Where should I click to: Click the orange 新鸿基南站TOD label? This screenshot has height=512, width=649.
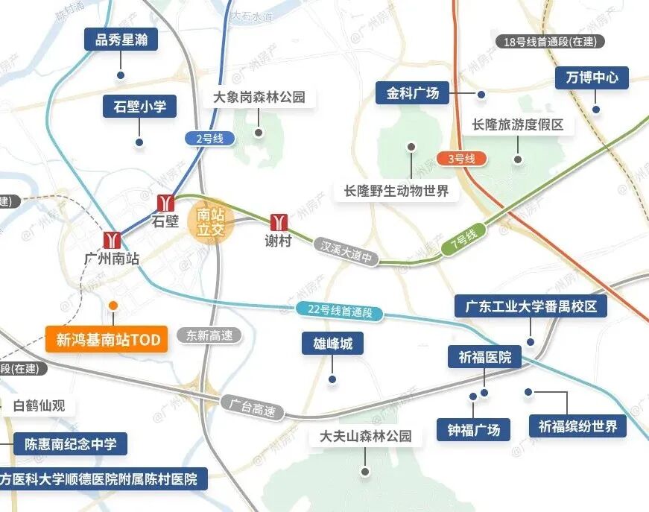(108, 340)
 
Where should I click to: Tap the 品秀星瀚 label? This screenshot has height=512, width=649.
(121, 39)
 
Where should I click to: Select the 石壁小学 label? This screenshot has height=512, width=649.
(139, 107)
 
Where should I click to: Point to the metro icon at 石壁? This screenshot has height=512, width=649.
(165, 203)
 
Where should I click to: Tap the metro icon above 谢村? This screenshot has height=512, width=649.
(279, 222)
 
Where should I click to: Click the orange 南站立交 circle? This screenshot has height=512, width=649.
(210, 221)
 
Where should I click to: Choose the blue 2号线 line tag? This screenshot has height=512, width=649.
(209, 138)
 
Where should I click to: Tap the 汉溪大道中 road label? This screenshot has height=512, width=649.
(346, 251)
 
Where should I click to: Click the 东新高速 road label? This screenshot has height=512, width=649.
(209, 335)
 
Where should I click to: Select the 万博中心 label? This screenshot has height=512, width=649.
(592, 77)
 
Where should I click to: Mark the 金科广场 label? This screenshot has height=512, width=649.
(413, 94)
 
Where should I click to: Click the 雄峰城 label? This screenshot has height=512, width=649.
(332, 344)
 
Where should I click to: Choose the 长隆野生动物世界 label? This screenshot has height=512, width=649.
(396, 192)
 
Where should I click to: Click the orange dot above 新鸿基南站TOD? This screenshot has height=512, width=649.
(113, 306)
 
